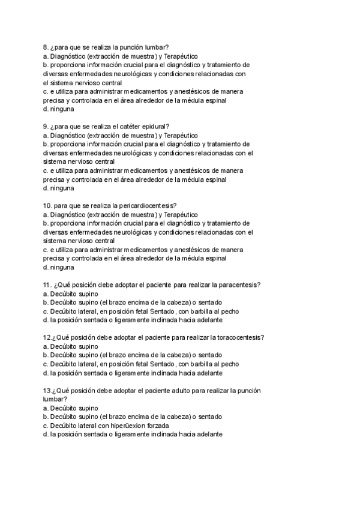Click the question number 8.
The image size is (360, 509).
(46, 47)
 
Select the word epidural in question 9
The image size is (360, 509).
(157, 126)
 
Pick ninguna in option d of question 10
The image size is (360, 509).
(62, 267)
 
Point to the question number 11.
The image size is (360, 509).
(47, 285)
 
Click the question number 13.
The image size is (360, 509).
(47, 390)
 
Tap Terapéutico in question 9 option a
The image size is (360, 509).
(180, 135)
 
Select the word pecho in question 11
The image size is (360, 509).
(230, 311)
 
